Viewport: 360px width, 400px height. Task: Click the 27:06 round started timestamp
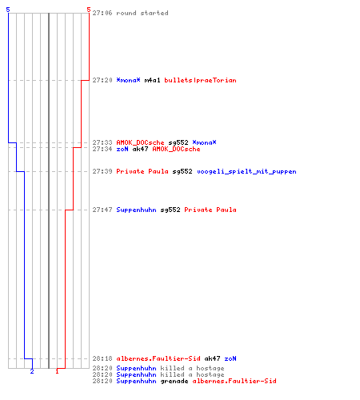coord(102,13)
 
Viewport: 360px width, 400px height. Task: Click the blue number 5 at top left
coord(8,10)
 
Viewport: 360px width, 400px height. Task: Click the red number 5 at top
coord(89,10)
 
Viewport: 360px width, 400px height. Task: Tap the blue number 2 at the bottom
coord(32,371)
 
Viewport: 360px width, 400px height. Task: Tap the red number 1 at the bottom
coord(57,371)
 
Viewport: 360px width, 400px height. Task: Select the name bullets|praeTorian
coord(200,80)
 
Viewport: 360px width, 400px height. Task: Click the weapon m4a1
coord(152,80)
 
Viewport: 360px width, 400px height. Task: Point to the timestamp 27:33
coord(102,142)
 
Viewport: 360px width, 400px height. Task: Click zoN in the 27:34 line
coord(122,149)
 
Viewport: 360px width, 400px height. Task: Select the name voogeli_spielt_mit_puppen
coord(246,171)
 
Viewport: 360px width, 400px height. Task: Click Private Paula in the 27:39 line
coord(142,171)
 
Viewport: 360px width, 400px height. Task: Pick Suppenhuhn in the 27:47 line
coord(136,210)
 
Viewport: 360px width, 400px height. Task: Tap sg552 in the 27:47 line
coord(170,210)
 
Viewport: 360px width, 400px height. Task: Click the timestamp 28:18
coord(102,358)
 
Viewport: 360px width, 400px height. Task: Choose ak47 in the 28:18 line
coord(212,358)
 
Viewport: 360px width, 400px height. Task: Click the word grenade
coord(174,381)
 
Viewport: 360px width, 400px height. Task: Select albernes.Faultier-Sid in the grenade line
coord(234,381)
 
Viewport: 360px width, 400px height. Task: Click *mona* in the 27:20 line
coord(128,80)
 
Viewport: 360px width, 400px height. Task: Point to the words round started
coord(142,13)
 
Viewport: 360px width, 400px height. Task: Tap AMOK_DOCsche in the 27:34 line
coord(176,149)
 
